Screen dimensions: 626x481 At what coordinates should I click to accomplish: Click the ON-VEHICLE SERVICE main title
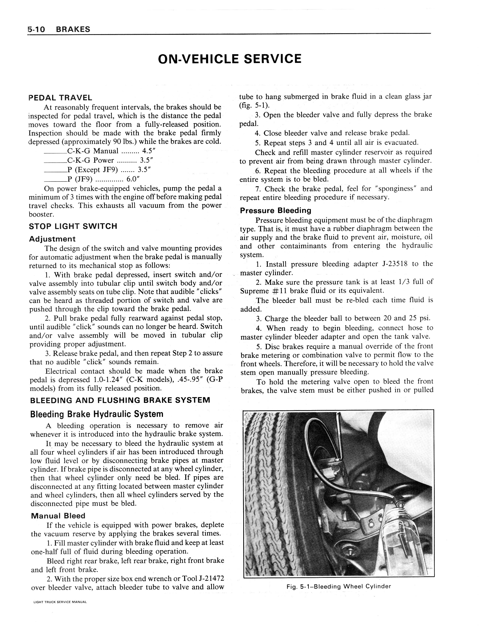pyautogui.click(x=230, y=59)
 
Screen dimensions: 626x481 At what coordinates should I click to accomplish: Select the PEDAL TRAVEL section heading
pyautogui.click(x=60, y=98)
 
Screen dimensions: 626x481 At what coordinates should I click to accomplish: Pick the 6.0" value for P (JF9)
pyautogui.click(x=133, y=179)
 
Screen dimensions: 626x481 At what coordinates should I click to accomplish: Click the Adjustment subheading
pyautogui.click(x=52, y=239)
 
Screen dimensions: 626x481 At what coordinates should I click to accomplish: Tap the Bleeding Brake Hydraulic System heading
pyautogui.click(x=97, y=414)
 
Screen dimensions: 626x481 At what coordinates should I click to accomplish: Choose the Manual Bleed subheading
pyautogui.click(x=58, y=516)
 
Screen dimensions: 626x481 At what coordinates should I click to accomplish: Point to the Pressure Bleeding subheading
pyautogui.click(x=275, y=211)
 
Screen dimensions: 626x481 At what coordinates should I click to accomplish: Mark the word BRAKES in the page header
pyautogui.click(x=73, y=29)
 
